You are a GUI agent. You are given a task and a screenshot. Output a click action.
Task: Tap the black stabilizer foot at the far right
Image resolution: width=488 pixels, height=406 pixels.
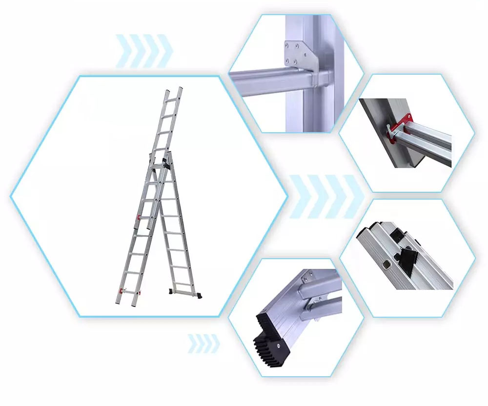pos(201,294)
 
